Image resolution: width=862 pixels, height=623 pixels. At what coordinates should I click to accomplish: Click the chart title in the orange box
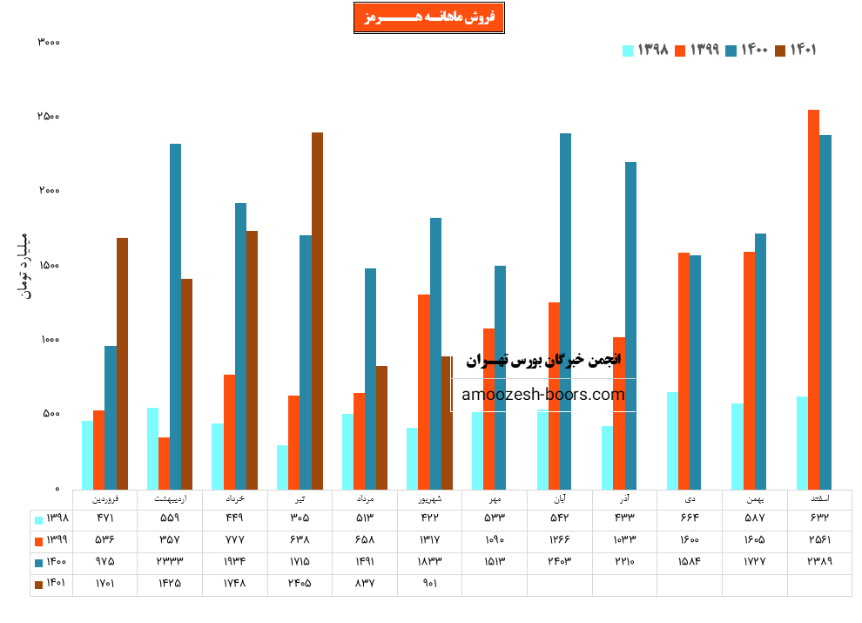[x=428, y=18]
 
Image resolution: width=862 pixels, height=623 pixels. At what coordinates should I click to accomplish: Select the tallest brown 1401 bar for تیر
[x=317, y=309]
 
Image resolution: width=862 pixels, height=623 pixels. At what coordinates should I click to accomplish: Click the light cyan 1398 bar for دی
[x=672, y=440]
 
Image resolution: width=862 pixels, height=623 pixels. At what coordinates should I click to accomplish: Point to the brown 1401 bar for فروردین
[x=122, y=362]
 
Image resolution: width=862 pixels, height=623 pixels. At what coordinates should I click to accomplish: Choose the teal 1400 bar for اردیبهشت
[x=175, y=315]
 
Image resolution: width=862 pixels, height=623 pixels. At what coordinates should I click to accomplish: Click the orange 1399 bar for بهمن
[x=749, y=369]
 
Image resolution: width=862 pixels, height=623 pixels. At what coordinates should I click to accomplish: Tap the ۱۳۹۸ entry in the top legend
[x=645, y=51]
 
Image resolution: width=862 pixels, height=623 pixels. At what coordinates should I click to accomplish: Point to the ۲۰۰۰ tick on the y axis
[x=49, y=191]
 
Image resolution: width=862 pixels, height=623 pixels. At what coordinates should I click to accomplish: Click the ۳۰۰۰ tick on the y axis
[x=49, y=42]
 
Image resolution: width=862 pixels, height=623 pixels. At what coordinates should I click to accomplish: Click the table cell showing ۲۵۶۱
[x=819, y=540]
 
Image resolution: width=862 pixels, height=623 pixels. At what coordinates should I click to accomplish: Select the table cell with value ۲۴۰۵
[x=300, y=584]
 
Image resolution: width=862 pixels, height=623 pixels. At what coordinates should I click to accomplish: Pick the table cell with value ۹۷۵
[x=104, y=562]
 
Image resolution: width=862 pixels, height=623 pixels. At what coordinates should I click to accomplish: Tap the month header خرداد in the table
[x=235, y=499]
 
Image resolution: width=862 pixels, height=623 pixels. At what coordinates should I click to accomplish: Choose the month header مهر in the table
[x=495, y=499]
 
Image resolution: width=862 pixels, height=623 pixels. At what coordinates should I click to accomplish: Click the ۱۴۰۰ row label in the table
[x=51, y=562]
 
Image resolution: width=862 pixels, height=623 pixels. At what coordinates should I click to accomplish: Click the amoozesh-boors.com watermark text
[x=543, y=395]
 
